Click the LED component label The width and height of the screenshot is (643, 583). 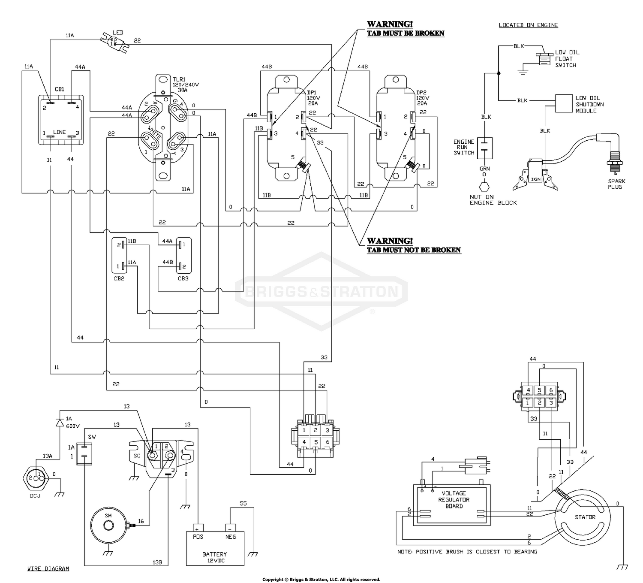pos(117,33)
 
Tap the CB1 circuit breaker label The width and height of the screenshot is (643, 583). pos(60,89)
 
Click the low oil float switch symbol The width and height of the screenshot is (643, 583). pos(544,59)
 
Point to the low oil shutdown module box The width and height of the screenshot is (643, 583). pos(564,103)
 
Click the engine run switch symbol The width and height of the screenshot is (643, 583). pos(485,148)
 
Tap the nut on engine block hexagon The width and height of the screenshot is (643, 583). pos(484,187)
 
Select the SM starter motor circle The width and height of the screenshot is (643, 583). pos(108,525)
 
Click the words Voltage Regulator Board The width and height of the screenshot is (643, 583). pos(454,500)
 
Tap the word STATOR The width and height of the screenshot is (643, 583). pos(585,517)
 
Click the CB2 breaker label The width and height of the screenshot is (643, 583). pos(119,278)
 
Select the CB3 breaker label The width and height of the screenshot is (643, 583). pos(183,278)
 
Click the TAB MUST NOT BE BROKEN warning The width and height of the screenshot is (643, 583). pos(414,250)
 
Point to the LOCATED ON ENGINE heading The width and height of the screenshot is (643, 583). pos(528,25)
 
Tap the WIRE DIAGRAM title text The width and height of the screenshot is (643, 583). pos(48,568)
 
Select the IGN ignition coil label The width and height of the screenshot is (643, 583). pos(536,179)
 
